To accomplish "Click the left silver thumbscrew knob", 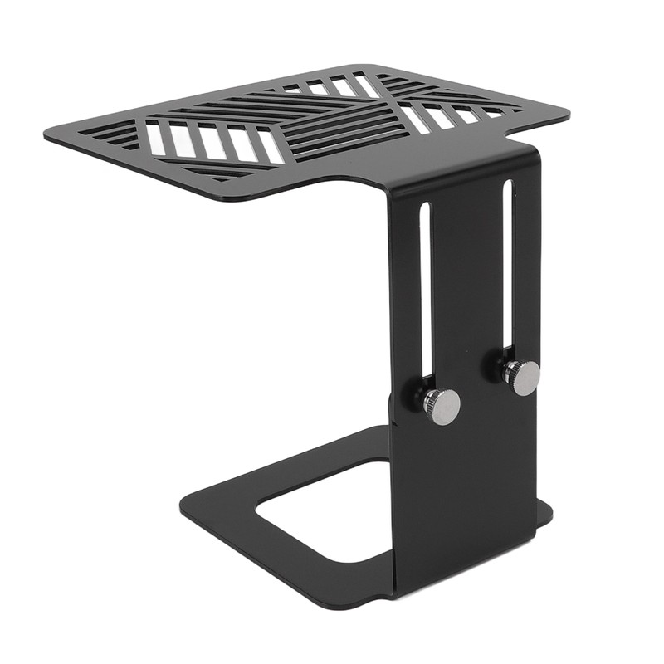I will (x=443, y=406).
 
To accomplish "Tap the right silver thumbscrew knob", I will (x=523, y=378).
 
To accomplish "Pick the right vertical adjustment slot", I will (x=507, y=266).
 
